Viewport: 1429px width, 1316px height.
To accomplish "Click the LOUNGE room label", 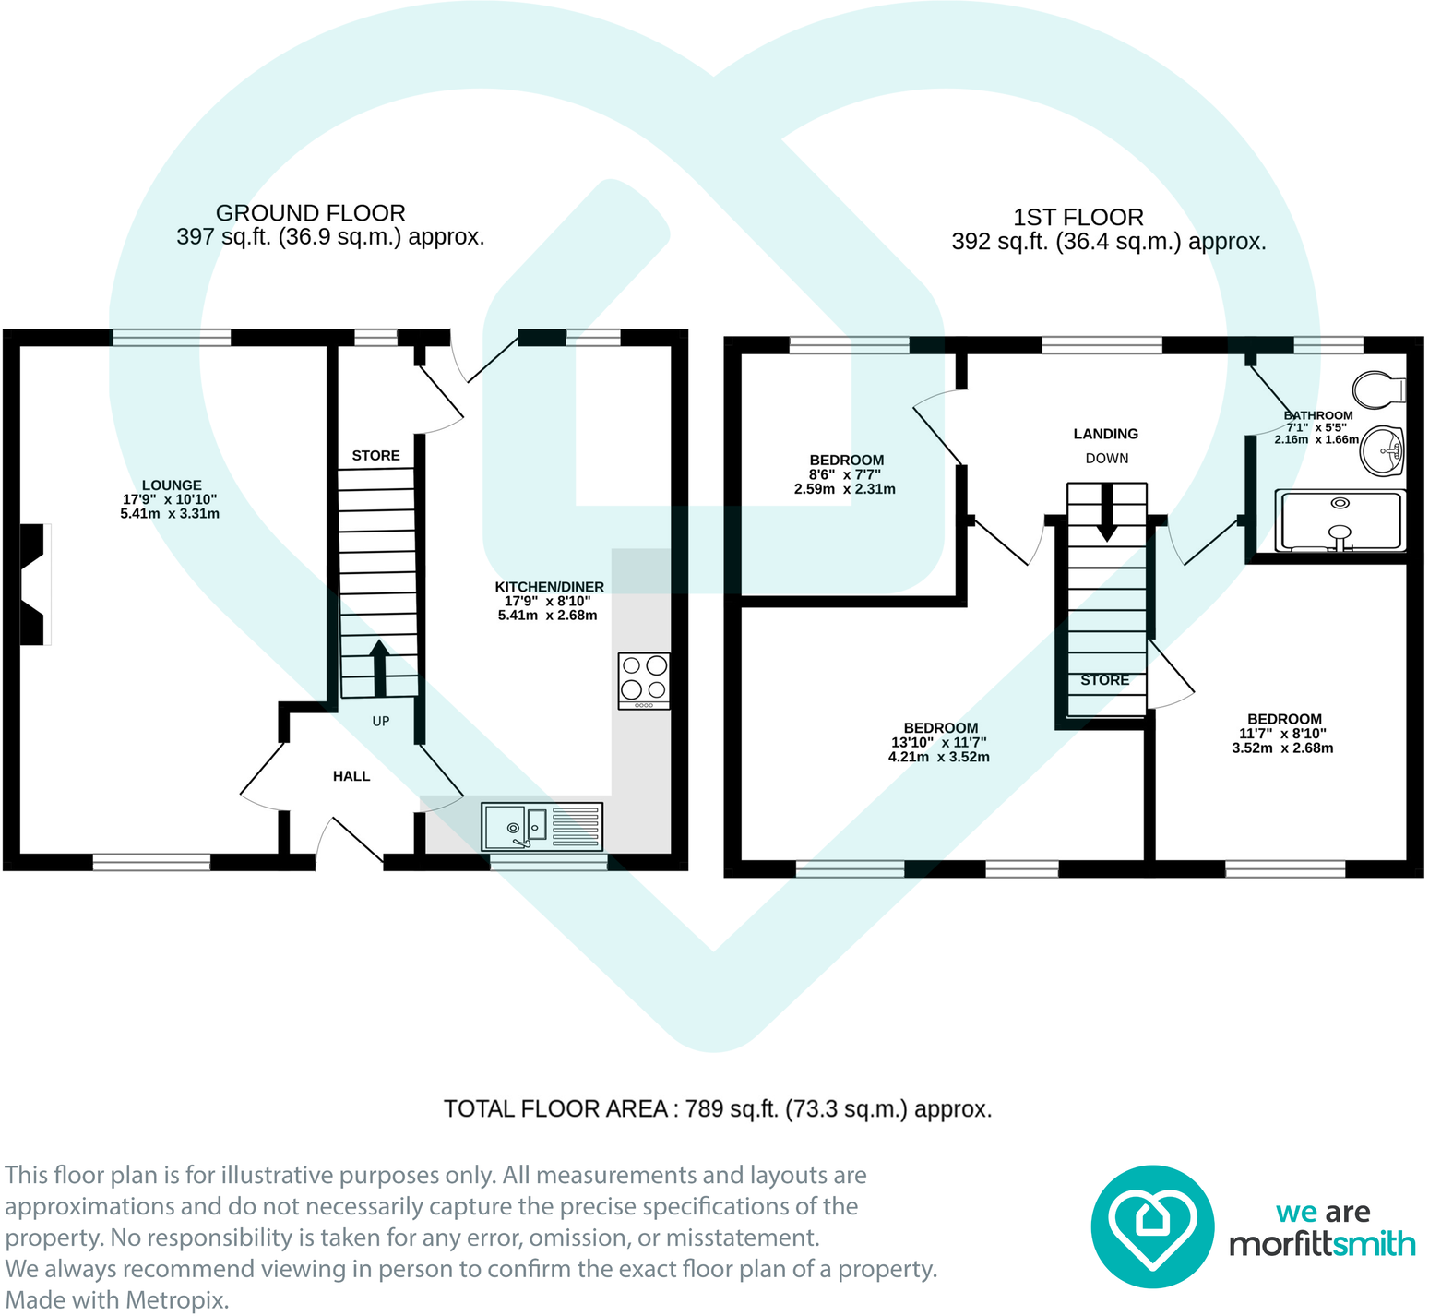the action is [x=172, y=485].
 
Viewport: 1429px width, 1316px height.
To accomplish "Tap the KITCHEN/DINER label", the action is [x=549, y=587].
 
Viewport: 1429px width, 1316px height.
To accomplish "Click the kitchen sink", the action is [x=542, y=826].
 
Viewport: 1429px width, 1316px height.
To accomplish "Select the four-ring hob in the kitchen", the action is [x=644, y=680].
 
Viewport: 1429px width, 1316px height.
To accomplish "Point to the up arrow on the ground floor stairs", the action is [x=379, y=667].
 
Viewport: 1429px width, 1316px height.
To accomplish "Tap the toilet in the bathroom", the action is [x=1378, y=389].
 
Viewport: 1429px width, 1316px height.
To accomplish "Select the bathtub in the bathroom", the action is [x=1340, y=520].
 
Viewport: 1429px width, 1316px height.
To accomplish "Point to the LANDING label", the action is [x=1105, y=434].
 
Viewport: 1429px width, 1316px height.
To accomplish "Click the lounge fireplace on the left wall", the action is [x=34, y=583].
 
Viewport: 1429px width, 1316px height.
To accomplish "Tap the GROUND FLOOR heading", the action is [x=310, y=213].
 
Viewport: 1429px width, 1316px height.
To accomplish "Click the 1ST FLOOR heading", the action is [x=1078, y=218].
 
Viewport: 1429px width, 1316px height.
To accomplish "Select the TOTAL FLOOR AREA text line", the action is [x=717, y=1109].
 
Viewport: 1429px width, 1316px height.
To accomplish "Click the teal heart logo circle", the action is [x=1152, y=1226].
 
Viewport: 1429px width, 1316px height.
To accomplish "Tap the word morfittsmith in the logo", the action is [x=1321, y=1244].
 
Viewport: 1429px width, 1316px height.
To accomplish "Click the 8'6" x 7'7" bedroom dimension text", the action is [x=845, y=475].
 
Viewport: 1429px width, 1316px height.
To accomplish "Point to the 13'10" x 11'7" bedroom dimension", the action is [x=939, y=743].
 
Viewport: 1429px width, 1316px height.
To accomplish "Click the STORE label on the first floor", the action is [x=1104, y=680].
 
